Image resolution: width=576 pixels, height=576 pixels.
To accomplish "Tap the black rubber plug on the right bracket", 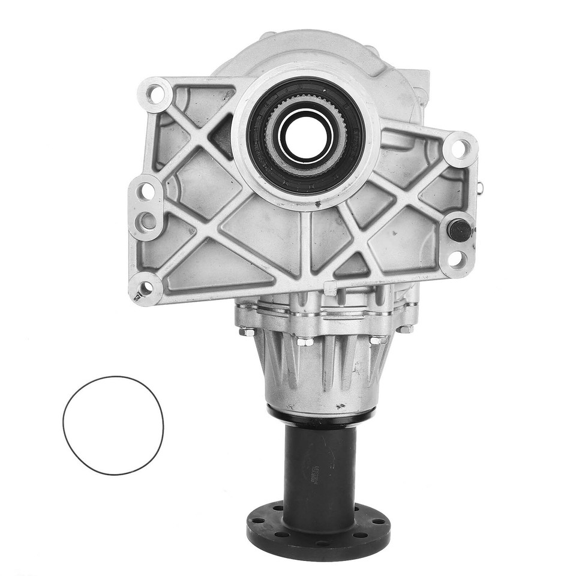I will [x=460, y=230].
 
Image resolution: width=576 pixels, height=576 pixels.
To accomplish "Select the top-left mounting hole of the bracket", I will [x=155, y=94].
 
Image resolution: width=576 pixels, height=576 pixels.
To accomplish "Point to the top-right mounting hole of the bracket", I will [x=459, y=148].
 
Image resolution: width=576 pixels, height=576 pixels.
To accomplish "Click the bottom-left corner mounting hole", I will [x=145, y=288].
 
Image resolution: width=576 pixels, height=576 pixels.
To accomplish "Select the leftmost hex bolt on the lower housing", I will [x=246, y=331].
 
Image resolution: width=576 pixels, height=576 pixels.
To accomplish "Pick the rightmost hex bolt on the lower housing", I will [x=406, y=329].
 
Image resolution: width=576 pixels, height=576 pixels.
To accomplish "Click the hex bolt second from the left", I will [x=304, y=342].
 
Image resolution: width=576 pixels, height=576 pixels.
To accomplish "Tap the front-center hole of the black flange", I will [x=317, y=543].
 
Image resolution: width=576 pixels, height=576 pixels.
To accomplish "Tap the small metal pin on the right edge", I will [x=479, y=188].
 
